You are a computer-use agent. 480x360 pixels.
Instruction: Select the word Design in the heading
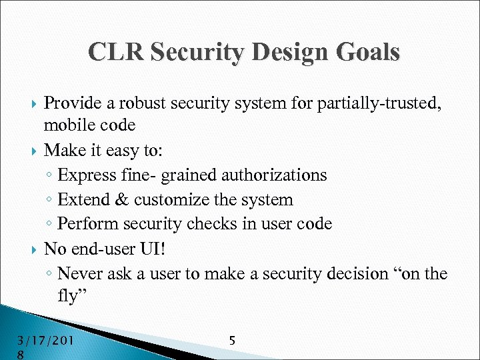(273, 52)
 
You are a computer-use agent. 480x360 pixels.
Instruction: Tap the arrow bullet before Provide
(34, 103)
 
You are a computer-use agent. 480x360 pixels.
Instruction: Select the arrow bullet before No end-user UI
(34, 250)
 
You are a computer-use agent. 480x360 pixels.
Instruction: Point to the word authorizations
(273, 175)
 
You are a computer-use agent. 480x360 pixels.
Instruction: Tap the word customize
(171, 200)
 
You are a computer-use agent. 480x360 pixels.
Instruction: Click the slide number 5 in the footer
(231, 341)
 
